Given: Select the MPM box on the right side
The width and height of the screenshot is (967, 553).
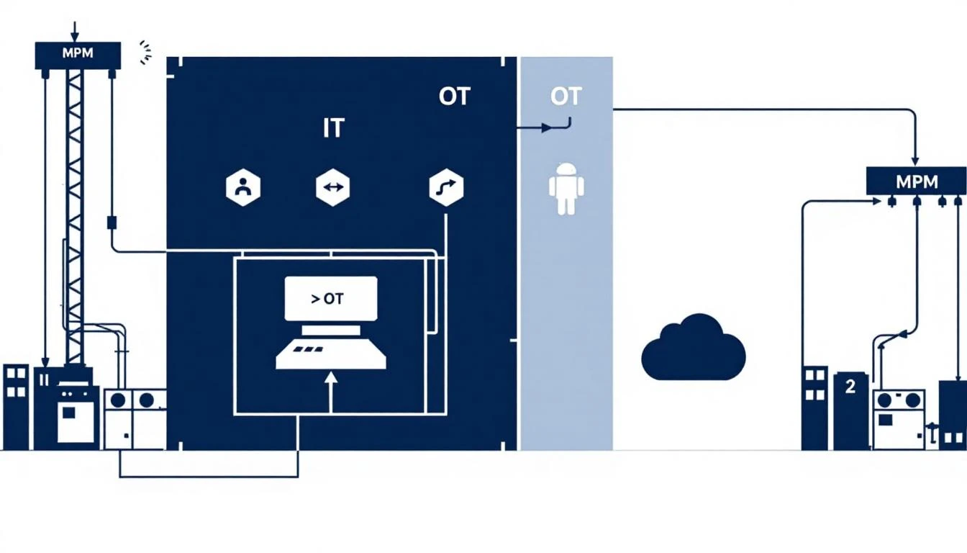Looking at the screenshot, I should click(915, 181).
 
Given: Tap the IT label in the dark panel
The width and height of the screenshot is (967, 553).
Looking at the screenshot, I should click(332, 128).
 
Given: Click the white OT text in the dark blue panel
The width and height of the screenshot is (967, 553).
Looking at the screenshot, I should click(453, 96).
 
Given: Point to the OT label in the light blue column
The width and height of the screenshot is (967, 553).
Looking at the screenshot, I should click(565, 96).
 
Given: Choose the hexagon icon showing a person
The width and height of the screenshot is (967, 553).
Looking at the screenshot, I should click(243, 188).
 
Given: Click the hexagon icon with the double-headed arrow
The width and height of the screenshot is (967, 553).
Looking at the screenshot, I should click(332, 188).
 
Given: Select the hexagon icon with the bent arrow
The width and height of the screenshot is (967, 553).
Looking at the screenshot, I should click(445, 188).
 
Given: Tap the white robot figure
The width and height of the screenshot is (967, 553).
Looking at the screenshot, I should click(566, 188).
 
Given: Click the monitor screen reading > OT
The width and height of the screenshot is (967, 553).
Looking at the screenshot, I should click(331, 299).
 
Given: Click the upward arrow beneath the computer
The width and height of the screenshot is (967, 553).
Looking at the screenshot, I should click(331, 389).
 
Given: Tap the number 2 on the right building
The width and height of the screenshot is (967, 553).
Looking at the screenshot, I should click(850, 387).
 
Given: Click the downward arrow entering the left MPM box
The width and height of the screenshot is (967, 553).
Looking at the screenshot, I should click(73, 32).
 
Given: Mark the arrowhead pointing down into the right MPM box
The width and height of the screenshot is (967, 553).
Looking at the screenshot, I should click(915, 158).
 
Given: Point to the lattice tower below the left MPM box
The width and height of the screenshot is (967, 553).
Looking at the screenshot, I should click(74, 216).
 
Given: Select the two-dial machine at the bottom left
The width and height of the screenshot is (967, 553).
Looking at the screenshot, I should click(135, 419).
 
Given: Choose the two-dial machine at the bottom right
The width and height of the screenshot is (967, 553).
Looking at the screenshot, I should click(899, 419).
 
